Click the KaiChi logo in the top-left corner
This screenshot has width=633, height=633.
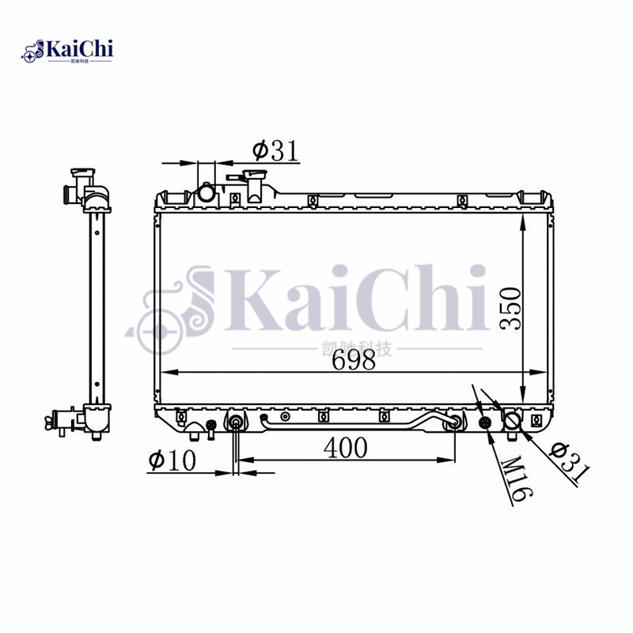tap(67, 51)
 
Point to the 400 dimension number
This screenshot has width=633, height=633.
tap(346, 448)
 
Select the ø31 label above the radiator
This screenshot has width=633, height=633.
tap(275, 150)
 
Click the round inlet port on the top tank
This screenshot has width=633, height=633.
tap(207, 192)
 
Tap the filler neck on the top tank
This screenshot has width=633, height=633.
tap(255, 188)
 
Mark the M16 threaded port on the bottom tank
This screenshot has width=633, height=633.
tap(486, 424)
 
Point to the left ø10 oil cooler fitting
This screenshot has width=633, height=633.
tap(236, 422)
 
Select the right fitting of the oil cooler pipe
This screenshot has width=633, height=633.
tap(455, 423)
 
